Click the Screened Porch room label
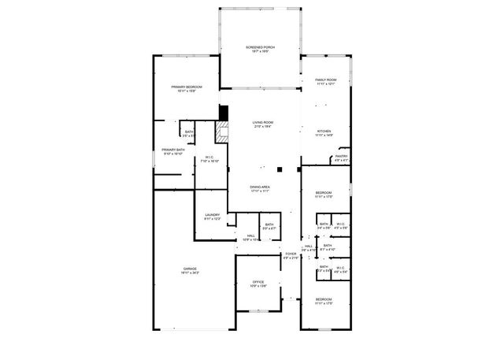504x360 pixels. pyautogui.click(x=259, y=49)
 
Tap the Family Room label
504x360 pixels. pyautogui.click(x=325, y=80)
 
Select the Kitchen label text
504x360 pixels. pyautogui.click(x=324, y=132)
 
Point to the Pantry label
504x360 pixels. pyautogui.click(x=340, y=157)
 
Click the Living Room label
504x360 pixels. pyautogui.click(x=262, y=123)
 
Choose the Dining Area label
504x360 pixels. pyautogui.click(x=260, y=187)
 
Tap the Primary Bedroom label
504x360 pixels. pyautogui.click(x=187, y=87)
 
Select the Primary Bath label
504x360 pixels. pyautogui.click(x=173, y=150)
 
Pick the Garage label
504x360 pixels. pyautogui.click(x=189, y=270)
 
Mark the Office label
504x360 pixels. pyautogui.click(x=258, y=282)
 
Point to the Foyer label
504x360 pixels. pyautogui.click(x=291, y=254)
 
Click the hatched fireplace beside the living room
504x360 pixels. pyautogui.click(x=223, y=132)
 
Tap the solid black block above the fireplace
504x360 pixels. pyautogui.click(x=223, y=113)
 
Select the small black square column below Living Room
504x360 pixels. pyautogui.click(x=279, y=169)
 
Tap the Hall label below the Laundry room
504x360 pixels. pyautogui.click(x=250, y=236)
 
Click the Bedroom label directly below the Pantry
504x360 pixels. pyautogui.click(x=324, y=194)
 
